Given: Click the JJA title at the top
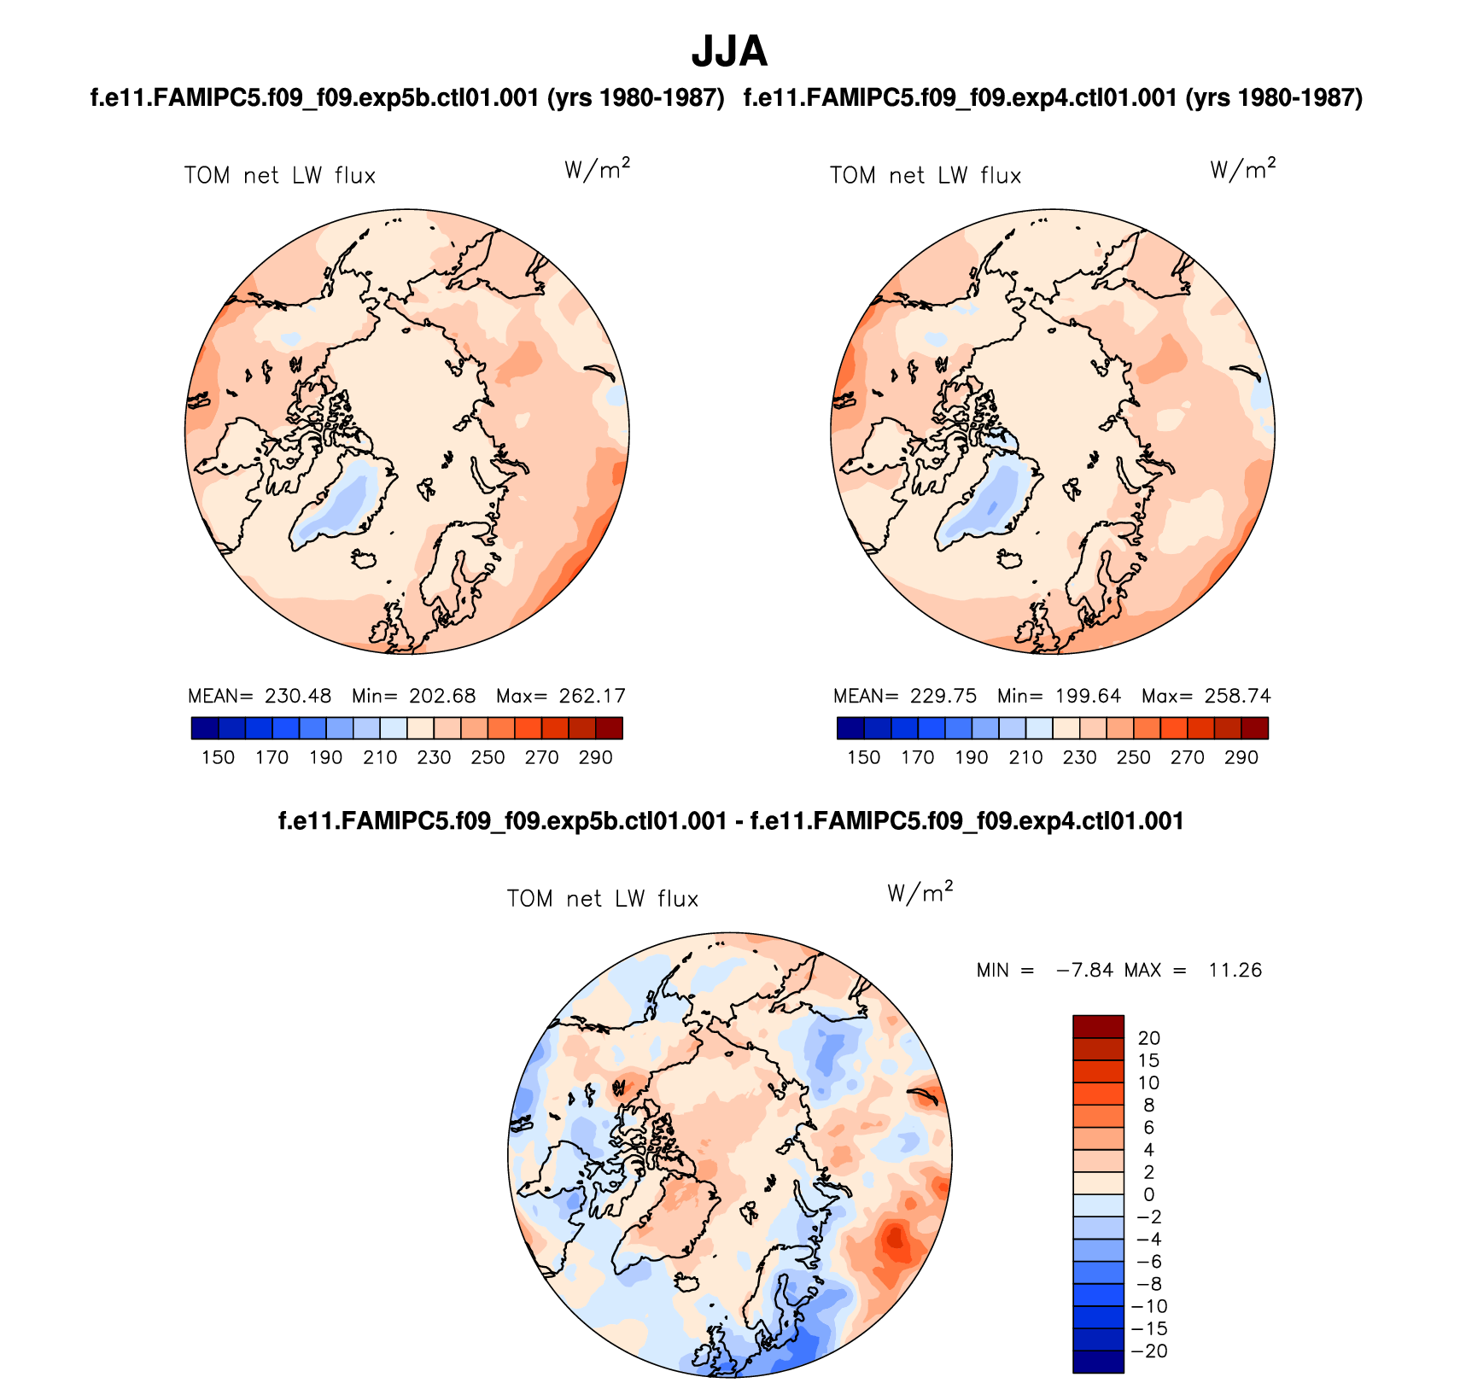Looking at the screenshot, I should pyautogui.click(x=729, y=51).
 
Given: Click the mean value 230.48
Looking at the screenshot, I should pyautogui.click(x=297, y=696).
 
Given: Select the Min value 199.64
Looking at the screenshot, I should pyautogui.click(x=1087, y=696).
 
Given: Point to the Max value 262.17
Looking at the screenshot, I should pyautogui.click(x=592, y=696).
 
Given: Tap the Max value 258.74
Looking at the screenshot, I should pyautogui.click(x=1237, y=696).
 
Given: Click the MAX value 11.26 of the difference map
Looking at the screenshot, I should pyautogui.click(x=1235, y=970).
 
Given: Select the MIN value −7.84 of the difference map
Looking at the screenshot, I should pyautogui.click(x=1084, y=970).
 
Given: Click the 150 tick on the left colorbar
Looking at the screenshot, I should pyautogui.click(x=218, y=757).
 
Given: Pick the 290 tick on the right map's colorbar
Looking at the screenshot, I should pyautogui.click(x=1241, y=757).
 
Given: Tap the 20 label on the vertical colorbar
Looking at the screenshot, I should pyautogui.click(x=1148, y=1038).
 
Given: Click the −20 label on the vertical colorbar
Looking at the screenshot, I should pyautogui.click(x=1148, y=1351).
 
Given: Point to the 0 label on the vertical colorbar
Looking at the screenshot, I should pyautogui.click(x=1148, y=1194).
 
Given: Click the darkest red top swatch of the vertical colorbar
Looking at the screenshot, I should pyautogui.click(x=1098, y=1026).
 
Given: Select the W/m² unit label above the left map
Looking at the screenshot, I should pyautogui.click(x=597, y=169).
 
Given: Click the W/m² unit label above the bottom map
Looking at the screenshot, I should pyautogui.click(x=920, y=892).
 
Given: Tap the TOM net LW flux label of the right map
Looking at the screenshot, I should pyautogui.click(x=926, y=176).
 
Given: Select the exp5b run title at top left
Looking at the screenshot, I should pyautogui.click(x=407, y=98).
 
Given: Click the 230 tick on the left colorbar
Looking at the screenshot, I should pyautogui.click(x=434, y=757).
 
